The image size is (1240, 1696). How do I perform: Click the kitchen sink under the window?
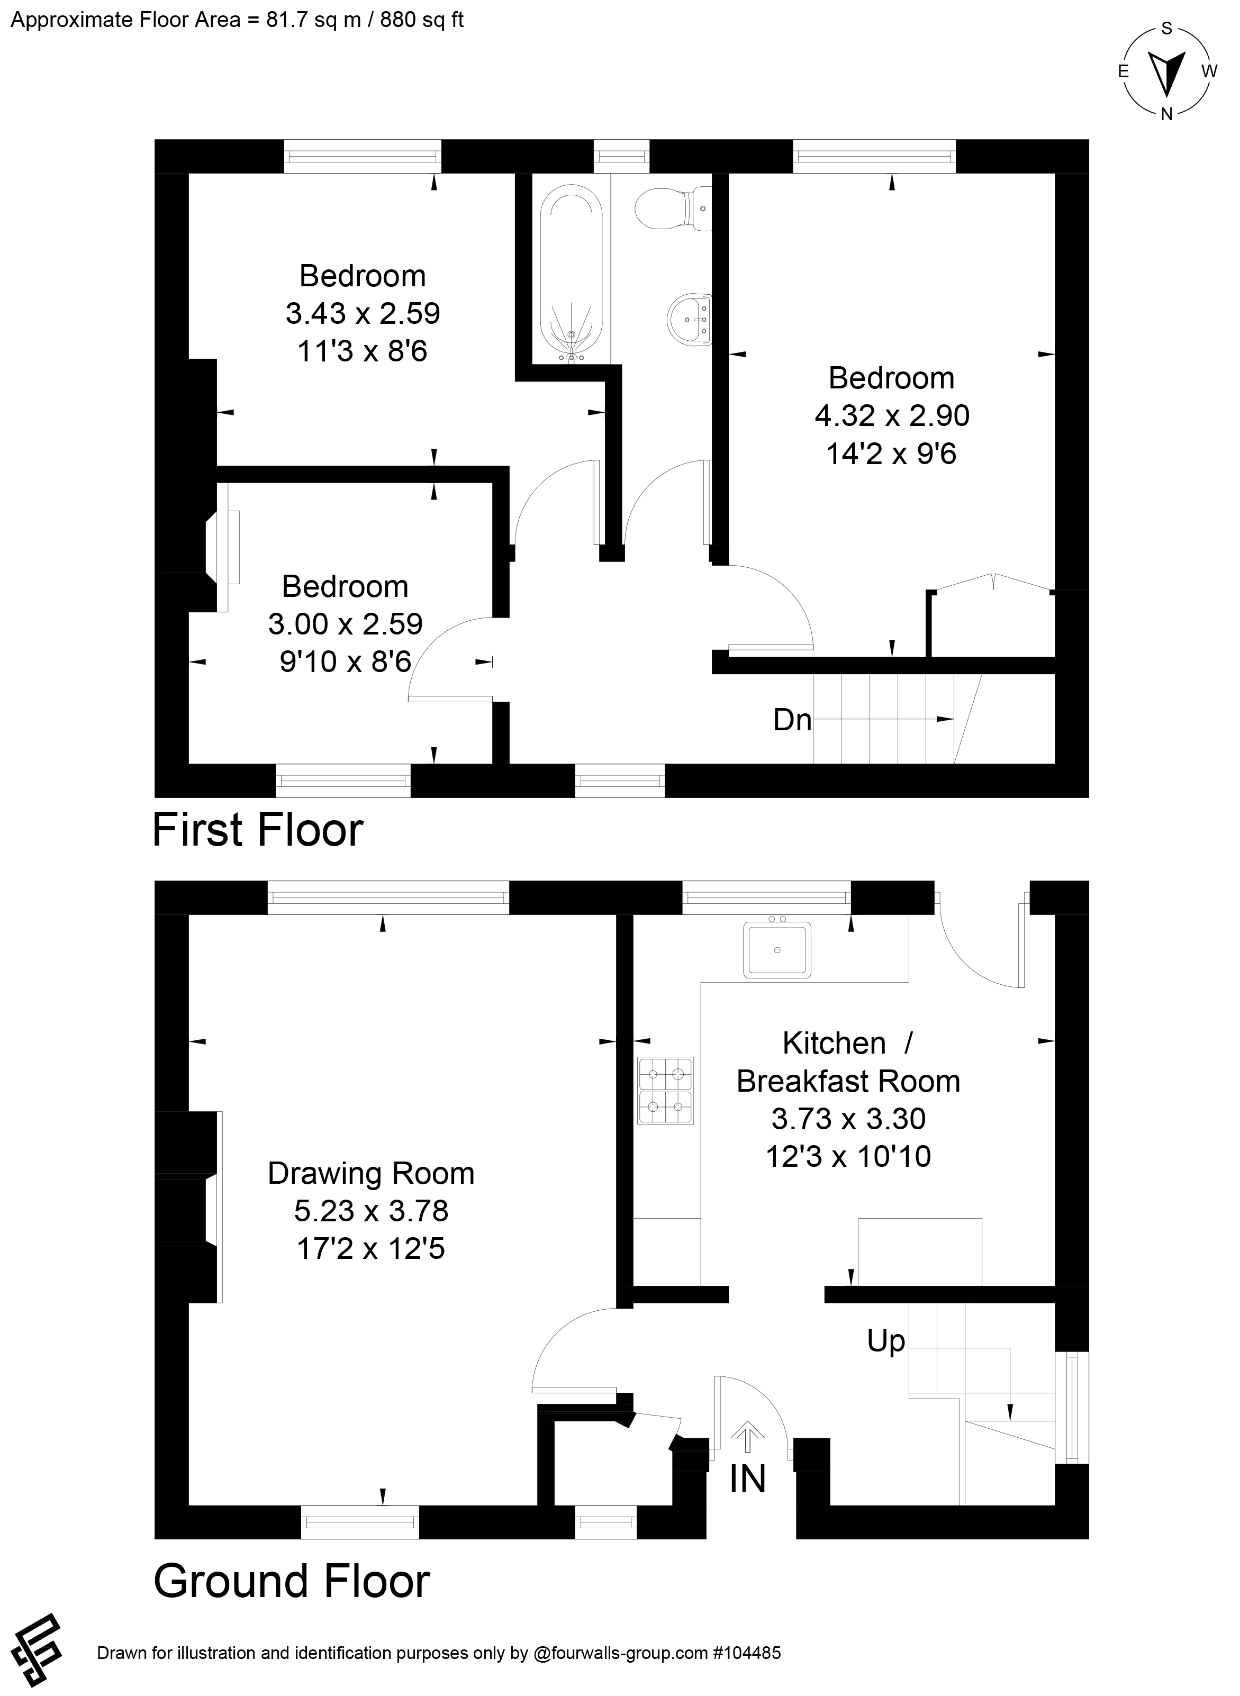coord(777,949)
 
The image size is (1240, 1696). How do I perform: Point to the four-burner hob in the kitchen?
coord(665,1090)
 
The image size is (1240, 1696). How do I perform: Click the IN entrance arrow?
coord(748,1436)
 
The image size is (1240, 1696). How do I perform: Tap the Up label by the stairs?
coord(886,1340)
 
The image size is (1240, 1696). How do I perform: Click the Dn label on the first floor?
coord(792,720)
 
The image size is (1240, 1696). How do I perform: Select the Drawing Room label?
coord(371,1174)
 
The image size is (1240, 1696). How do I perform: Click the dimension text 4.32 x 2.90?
coord(892,416)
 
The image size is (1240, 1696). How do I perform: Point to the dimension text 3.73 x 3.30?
coord(848,1119)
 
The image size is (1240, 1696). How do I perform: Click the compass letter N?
coord(1166,115)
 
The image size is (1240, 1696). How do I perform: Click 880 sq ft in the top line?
coord(422,20)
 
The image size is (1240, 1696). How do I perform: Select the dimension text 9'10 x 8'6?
coord(345,661)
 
